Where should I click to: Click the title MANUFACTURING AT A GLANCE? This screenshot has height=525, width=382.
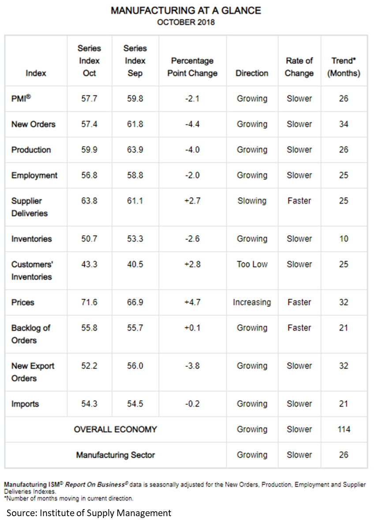pyautogui.click(x=186, y=11)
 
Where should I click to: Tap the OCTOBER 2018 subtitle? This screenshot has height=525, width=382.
pyautogui.click(x=186, y=22)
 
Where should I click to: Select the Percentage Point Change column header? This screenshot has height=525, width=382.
pyautogui.click(x=192, y=67)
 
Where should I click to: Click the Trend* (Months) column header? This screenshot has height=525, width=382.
pyautogui.click(x=344, y=67)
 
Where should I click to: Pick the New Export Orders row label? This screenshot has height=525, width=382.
pyautogui.click(x=33, y=372)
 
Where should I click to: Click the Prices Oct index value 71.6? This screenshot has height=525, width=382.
pyautogui.click(x=89, y=302)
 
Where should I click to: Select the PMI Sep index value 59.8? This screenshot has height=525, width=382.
pyautogui.click(x=135, y=99)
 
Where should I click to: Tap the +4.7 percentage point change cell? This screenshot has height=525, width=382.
pyautogui.click(x=192, y=302)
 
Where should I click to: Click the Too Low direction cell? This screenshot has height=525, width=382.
pyautogui.click(x=252, y=264)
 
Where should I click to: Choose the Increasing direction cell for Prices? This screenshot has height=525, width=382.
pyautogui.click(x=252, y=302)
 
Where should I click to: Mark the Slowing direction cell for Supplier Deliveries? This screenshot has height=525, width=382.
pyautogui.click(x=252, y=201)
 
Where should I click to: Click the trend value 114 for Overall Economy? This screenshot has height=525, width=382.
pyautogui.click(x=344, y=429)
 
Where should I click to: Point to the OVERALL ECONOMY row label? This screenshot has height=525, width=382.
pyautogui.click(x=115, y=429)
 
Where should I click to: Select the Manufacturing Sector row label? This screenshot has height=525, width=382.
pyautogui.click(x=115, y=455)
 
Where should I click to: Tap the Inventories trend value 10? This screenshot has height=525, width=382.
pyautogui.click(x=344, y=239)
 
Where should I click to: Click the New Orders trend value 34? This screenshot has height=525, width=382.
pyautogui.click(x=344, y=124)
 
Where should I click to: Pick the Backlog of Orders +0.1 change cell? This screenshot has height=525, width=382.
pyautogui.click(x=192, y=328)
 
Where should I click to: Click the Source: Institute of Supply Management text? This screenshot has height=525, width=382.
pyautogui.click(x=89, y=513)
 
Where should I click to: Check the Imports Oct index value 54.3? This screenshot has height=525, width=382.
pyautogui.click(x=89, y=404)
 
